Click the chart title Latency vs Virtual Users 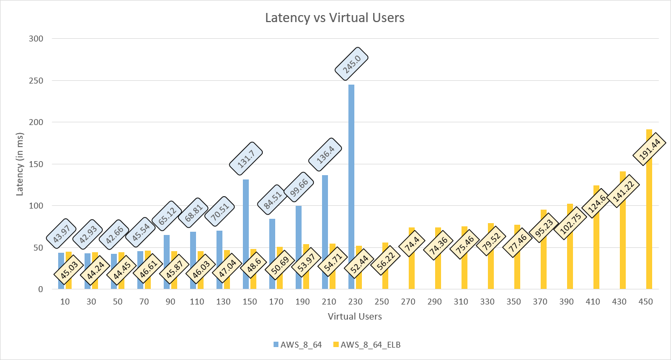(x=334, y=18)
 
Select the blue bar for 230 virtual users (x=352, y=162)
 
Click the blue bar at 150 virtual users (x=246, y=216)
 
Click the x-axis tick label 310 (x=461, y=302)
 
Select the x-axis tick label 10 (x=65, y=302)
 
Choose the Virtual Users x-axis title (x=355, y=316)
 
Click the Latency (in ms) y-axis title (x=20, y=164)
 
